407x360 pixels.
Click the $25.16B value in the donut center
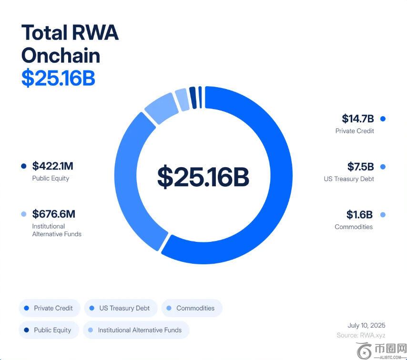click(x=203, y=176)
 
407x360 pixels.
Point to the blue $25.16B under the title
click(x=58, y=78)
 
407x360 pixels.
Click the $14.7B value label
click(x=358, y=119)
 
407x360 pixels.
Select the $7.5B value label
click(x=360, y=167)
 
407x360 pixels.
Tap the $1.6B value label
click(x=359, y=215)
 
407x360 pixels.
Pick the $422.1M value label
click(x=52, y=166)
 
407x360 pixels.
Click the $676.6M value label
click(x=54, y=214)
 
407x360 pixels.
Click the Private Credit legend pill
click(x=49, y=308)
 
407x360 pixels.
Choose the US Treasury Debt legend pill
click(x=121, y=308)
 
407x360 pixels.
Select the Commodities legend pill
click(x=192, y=308)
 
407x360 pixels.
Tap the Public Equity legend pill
click(x=48, y=330)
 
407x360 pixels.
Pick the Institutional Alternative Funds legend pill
click(x=136, y=330)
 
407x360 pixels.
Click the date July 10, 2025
click(x=366, y=326)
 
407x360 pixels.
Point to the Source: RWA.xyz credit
click(x=360, y=335)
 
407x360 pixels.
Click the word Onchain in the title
click(x=61, y=56)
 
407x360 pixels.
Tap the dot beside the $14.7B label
click(x=383, y=119)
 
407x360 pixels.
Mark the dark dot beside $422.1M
click(x=24, y=166)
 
